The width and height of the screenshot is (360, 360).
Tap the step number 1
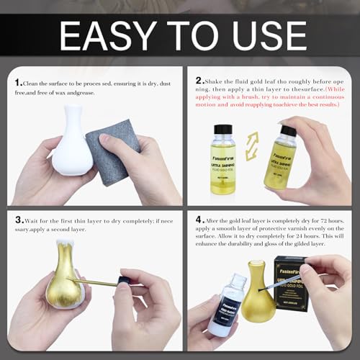click(19, 84)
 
